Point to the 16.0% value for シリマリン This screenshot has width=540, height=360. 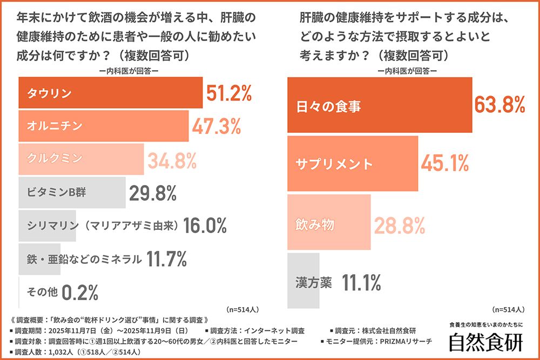[205, 225]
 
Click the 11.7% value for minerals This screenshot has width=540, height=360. [166, 259]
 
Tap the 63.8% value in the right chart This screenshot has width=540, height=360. [500, 105]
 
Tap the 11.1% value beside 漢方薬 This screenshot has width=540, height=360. [362, 282]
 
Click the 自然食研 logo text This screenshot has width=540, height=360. [486, 342]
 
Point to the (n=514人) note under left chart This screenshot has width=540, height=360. [244, 310]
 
